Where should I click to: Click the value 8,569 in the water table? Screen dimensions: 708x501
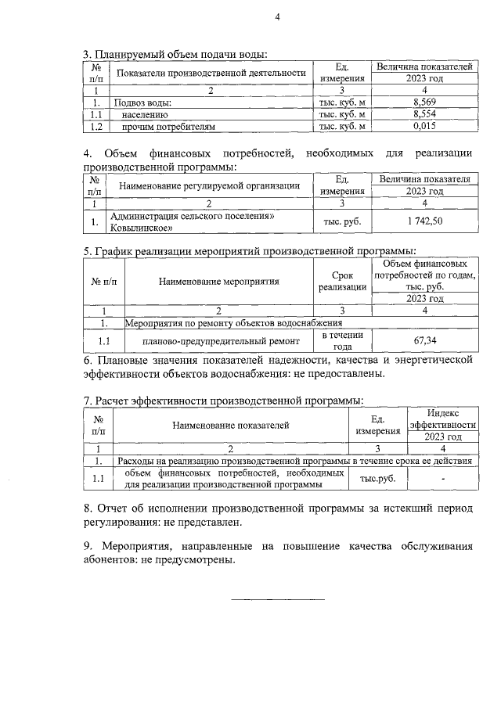[x=424, y=102]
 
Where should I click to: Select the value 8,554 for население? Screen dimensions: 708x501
[x=424, y=114]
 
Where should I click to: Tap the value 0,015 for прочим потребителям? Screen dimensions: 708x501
[x=424, y=126]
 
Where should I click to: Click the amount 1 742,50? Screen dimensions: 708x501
[x=424, y=222]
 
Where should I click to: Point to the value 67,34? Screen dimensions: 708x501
[x=424, y=341]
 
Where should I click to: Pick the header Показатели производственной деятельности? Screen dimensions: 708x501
[x=211, y=74]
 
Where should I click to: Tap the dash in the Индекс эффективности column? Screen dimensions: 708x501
[x=443, y=478]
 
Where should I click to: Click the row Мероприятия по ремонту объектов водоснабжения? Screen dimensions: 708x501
[x=234, y=322]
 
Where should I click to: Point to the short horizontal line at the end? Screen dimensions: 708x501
[x=277, y=599]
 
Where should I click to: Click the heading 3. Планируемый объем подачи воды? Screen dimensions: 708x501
[x=175, y=54]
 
